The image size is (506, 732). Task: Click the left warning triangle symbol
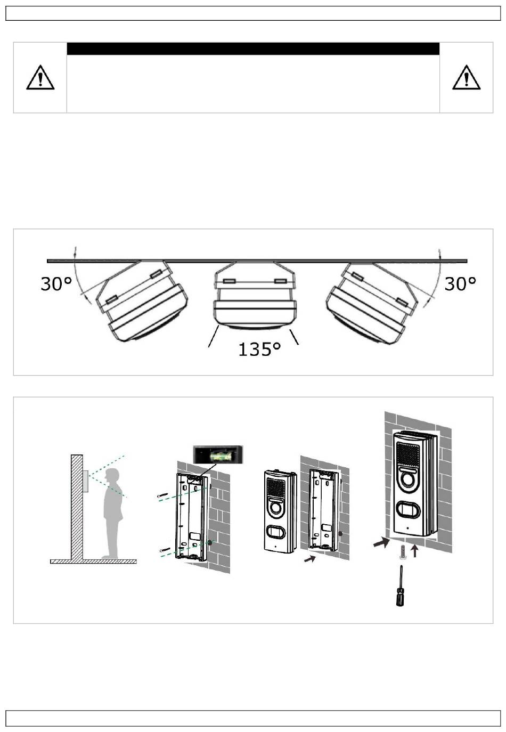click(40, 77)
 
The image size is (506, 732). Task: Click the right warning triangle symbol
click(466, 77)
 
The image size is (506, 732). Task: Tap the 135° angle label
click(260, 349)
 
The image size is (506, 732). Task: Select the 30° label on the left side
click(56, 283)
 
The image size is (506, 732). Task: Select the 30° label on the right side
click(460, 283)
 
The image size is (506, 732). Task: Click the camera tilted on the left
click(141, 300)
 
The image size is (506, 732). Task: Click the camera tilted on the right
click(372, 303)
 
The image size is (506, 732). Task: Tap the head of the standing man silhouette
click(112, 476)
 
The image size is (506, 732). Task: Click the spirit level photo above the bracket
click(218, 454)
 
